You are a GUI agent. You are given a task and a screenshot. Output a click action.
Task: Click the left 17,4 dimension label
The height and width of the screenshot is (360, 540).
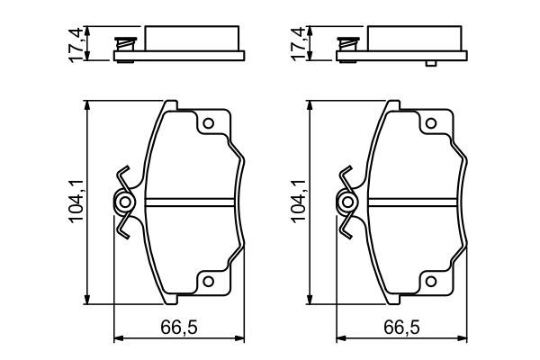78,42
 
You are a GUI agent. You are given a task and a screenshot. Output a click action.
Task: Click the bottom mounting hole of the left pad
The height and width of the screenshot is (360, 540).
208,283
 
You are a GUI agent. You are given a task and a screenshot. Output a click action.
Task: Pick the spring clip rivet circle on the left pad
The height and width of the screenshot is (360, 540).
124,202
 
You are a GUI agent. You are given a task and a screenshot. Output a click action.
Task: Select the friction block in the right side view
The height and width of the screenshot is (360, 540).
413,39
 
